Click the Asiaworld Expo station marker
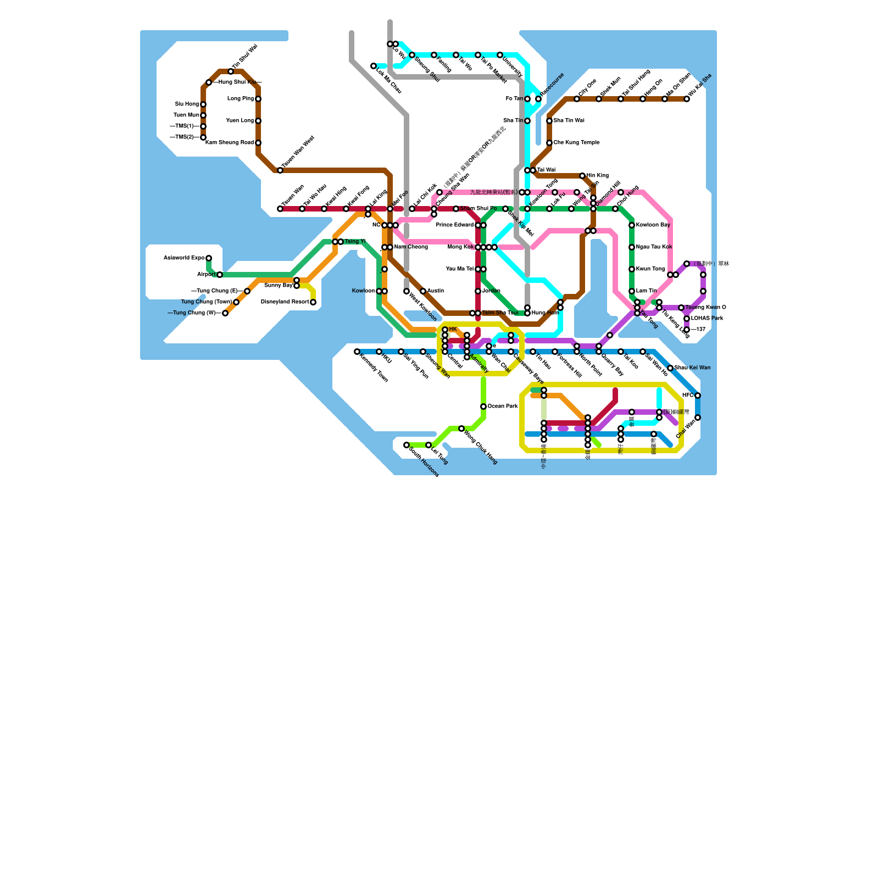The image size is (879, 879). click(209, 258)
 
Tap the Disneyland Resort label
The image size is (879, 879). click(285, 302)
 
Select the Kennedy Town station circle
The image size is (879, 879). click(357, 352)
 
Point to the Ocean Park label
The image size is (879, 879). click(503, 407)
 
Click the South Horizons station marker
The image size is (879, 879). click(407, 445)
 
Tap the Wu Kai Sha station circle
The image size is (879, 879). click(687, 99)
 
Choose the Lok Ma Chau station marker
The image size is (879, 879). click(374, 66)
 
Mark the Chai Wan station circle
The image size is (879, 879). click(698, 418)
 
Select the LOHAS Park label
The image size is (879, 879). click(707, 319)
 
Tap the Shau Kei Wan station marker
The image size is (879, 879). click(670, 368)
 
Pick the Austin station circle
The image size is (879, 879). click(423, 291)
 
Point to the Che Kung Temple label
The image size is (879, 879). click(576, 143)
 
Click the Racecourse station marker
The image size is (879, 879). click(538, 99)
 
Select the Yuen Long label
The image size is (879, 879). click(240, 121)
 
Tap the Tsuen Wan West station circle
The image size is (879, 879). click(280, 170)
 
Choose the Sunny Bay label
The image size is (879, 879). click(278, 286)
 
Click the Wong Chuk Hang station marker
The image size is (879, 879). click(461, 429)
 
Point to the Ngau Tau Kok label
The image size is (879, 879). click(654, 247)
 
